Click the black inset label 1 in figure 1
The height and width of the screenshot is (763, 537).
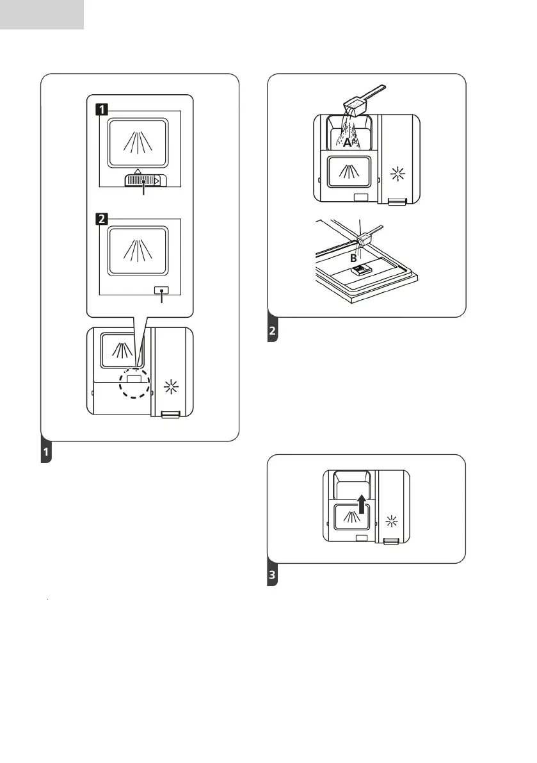pos(101,109)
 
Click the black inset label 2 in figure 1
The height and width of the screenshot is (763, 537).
pos(101,219)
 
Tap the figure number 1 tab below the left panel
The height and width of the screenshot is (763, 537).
pos(45,453)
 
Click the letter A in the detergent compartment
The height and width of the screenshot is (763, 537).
pos(347,144)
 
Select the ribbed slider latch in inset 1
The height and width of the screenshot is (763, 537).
pos(144,182)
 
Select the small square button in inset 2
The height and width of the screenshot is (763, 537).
pos(161,290)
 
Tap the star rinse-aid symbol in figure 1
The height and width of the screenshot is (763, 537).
pos(171,386)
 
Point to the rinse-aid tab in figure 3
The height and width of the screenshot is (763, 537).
pos(390,542)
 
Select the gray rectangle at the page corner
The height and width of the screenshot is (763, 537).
pos(42,14)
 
